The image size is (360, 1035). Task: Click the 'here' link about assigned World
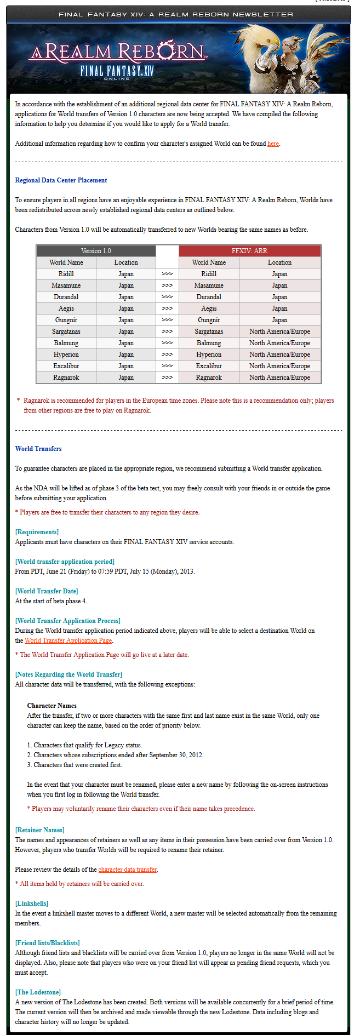point(273,144)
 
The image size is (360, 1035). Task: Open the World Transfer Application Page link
point(68,641)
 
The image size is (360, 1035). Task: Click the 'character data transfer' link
point(128,870)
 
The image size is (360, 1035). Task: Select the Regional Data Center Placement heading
point(61,180)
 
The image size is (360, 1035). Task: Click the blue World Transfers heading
point(38,449)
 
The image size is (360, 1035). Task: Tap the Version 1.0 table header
point(96,251)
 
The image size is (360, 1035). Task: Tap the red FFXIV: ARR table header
point(249,251)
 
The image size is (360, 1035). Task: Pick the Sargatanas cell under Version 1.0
point(66,331)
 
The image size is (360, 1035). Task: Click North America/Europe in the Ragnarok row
point(279,378)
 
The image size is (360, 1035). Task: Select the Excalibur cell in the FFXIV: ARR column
point(209,366)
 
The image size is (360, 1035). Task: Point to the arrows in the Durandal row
point(167,297)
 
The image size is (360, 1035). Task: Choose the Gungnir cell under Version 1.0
point(66,320)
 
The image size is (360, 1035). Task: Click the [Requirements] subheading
point(37,532)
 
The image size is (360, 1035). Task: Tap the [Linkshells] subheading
point(32,904)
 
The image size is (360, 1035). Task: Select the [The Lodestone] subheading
point(38,992)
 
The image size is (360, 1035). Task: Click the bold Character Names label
point(52,706)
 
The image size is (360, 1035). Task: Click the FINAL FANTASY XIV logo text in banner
point(117,71)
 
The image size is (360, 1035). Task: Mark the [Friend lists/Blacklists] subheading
point(48,943)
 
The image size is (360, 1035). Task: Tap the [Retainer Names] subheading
point(40,830)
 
